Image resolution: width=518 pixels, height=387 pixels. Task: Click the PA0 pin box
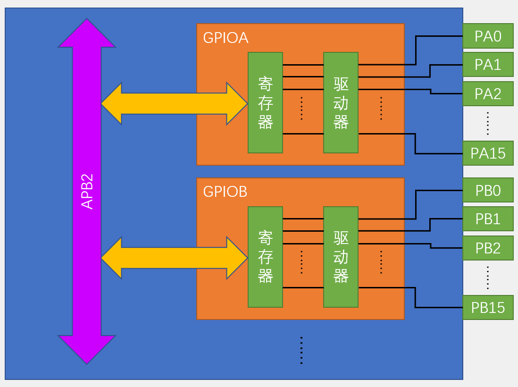point(488,36)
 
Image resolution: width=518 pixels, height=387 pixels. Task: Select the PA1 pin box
point(488,65)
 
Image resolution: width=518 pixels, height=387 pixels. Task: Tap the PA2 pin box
point(488,94)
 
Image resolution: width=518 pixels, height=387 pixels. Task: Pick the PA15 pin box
point(488,153)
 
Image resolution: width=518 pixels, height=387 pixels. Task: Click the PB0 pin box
point(488,190)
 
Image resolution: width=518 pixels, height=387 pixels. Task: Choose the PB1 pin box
point(488,219)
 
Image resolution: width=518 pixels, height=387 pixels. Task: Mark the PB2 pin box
point(488,248)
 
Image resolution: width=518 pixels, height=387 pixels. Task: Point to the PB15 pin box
point(488,307)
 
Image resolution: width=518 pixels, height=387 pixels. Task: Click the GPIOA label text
point(226,38)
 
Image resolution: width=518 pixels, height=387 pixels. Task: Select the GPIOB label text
point(225,192)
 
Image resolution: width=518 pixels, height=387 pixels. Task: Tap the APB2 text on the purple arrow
point(87,191)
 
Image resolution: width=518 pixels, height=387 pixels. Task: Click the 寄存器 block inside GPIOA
point(265,103)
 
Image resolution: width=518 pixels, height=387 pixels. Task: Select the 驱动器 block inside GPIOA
point(341,103)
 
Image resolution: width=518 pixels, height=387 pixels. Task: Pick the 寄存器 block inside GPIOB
point(265,257)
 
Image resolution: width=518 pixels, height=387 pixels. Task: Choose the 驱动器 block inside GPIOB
point(341,257)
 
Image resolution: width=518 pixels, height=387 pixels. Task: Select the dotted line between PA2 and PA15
point(488,124)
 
